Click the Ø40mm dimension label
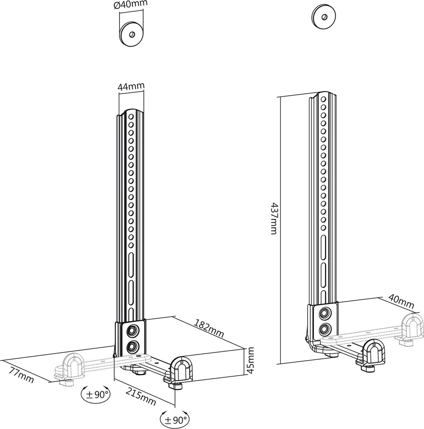(x=131, y=5)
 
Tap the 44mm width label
(x=131, y=87)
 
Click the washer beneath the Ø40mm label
(x=132, y=33)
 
